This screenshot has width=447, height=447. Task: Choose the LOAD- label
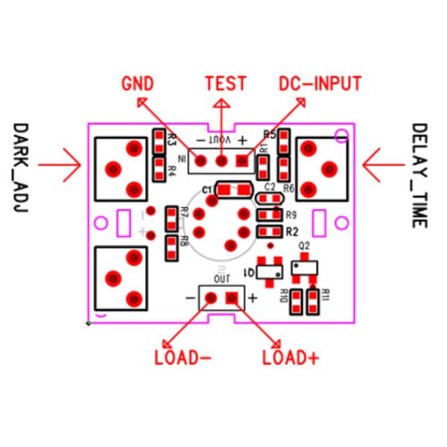tap(183, 357)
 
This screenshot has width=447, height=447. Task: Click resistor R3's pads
tap(159, 139)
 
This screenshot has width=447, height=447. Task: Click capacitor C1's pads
tap(232, 190)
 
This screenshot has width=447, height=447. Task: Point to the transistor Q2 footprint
tap(304, 267)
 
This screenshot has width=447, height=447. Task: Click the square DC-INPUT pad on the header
tap(243, 160)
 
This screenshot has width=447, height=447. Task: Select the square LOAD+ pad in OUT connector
tap(232, 299)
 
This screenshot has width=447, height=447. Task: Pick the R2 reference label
tap(291, 231)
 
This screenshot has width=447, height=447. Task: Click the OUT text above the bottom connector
tap(221, 278)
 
